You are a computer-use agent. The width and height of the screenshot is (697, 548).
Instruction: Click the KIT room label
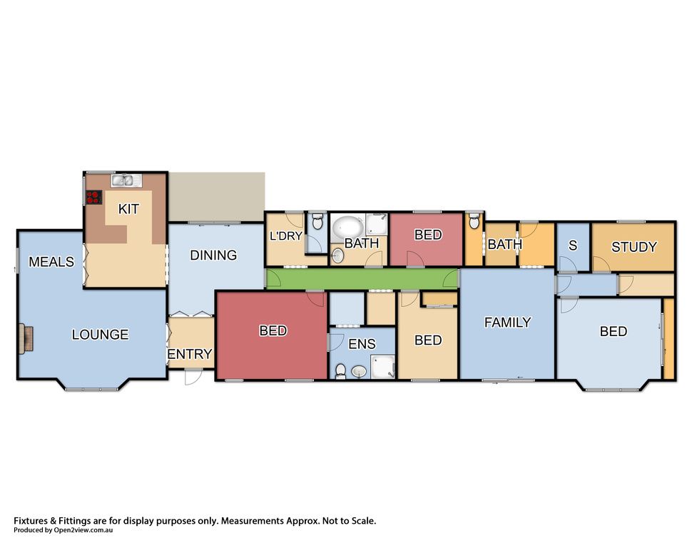click(x=128, y=209)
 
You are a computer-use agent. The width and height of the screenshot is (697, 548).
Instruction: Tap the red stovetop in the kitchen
click(x=93, y=198)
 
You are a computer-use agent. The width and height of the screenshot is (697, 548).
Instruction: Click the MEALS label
click(x=51, y=262)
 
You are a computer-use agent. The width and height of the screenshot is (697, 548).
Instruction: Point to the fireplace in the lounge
click(x=26, y=339)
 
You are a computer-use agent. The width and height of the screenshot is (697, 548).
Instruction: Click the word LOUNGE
click(x=100, y=334)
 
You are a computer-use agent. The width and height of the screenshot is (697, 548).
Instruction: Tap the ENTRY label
click(x=190, y=354)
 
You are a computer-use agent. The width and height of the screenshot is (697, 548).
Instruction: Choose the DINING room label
click(x=213, y=255)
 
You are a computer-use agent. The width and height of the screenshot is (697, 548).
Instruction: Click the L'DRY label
click(x=286, y=236)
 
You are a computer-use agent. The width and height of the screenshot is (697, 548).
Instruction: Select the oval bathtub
click(x=348, y=227)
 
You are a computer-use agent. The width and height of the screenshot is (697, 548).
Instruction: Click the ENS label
click(x=362, y=344)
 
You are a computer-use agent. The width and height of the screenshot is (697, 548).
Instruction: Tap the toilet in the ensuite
click(x=340, y=371)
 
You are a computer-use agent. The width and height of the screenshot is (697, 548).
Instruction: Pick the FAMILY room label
click(x=508, y=323)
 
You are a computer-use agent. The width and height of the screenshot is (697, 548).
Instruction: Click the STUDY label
click(x=634, y=247)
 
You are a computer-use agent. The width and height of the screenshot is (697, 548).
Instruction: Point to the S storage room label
click(x=573, y=245)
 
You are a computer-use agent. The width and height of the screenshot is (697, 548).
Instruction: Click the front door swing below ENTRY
click(x=193, y=377)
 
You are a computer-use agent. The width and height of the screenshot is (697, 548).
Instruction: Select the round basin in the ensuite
click(x=359, y=371)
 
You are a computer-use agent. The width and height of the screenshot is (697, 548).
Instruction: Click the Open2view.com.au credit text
click(x=63, y=529)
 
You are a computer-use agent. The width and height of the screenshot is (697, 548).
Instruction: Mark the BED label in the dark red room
click(x=273, y=330)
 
